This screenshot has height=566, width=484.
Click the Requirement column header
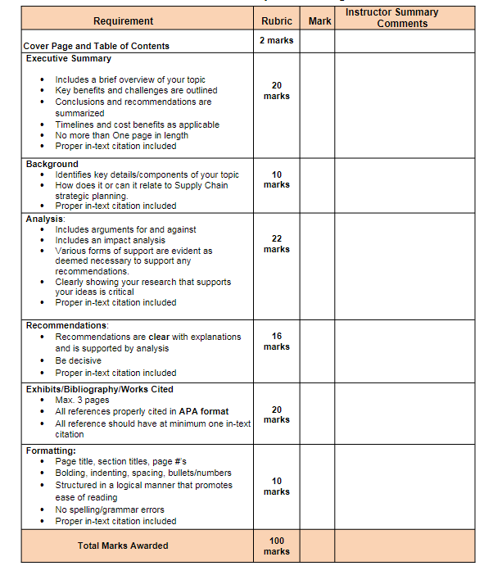click(x=123, y=20)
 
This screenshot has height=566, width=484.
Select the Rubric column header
click(x=277, y=20)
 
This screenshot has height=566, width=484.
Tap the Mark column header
click(x=319, y=20)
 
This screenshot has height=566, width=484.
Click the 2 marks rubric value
click(x=277, y=40)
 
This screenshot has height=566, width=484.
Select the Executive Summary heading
click(x=69, y=59)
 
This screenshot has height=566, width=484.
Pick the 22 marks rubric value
click(x=277, y=243)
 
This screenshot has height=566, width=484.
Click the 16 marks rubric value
click(x=277, y=341)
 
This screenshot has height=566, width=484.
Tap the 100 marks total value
click(x=277, y=546)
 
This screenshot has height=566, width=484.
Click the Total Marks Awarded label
click(x=123, y=546)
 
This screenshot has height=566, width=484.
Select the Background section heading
click(x=52, y=164)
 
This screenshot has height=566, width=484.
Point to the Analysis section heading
click(x=45, y=219)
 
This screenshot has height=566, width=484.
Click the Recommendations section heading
click(x=67, y=325)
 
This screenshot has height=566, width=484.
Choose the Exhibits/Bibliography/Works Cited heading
click(x=100, y=389)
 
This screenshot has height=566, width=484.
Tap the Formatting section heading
click(x=51, y=451)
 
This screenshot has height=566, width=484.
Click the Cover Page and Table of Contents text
click(x=97, y=46)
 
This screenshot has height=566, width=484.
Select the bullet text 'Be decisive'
click(x=79, y=360)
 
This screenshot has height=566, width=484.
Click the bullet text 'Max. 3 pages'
click(x=82, y=400)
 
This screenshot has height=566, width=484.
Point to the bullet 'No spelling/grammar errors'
click(x=110, y=509)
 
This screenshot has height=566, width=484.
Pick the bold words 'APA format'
click(x=204, y=411)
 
